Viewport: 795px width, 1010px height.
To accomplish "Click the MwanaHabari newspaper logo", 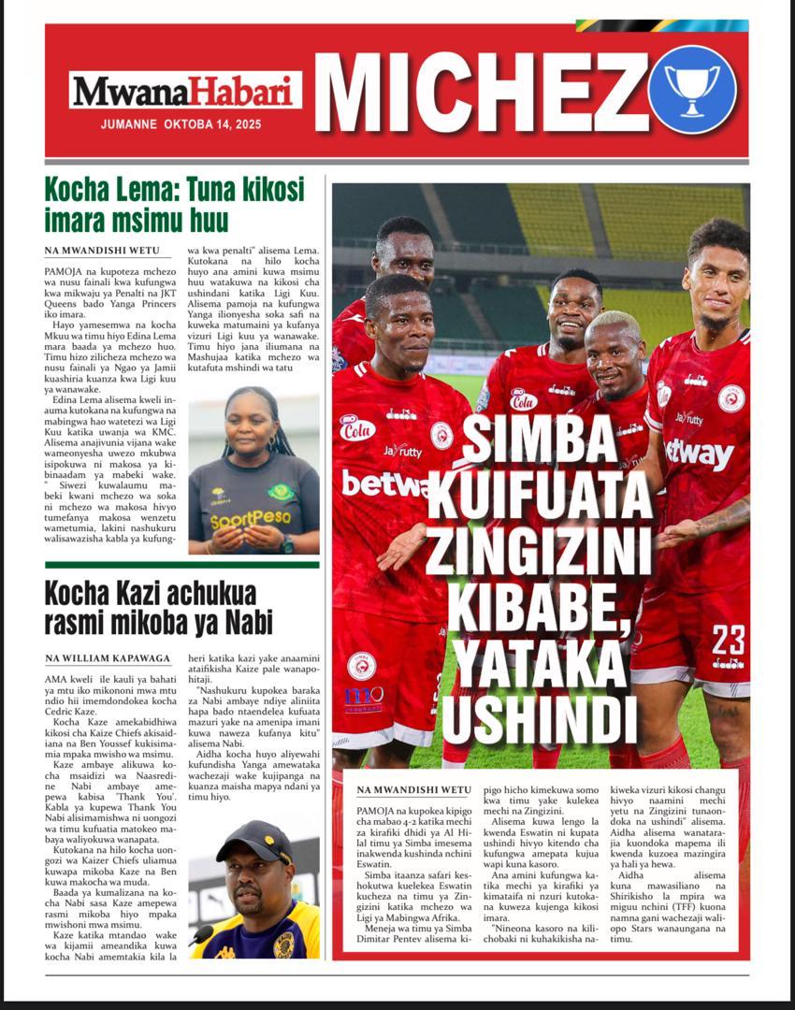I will coord(185,91).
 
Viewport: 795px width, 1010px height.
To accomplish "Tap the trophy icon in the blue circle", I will coord(692,89).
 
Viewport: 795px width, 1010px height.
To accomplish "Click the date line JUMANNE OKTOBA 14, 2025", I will coord(181,123).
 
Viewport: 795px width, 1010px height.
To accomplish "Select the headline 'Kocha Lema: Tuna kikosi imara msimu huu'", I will coord(174,205).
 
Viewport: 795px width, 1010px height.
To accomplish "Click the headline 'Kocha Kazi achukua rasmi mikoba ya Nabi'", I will coord(150,608).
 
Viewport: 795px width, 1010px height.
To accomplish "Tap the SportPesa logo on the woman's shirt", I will coord(251,520).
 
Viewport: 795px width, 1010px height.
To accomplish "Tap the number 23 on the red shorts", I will coord(727,641).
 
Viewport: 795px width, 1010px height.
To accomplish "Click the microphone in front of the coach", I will coord(200,935).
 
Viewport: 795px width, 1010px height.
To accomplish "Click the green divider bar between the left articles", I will coord(181,565).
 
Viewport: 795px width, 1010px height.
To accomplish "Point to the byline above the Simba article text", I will coord(413,790).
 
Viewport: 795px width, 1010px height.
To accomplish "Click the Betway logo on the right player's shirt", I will coord(699,454).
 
